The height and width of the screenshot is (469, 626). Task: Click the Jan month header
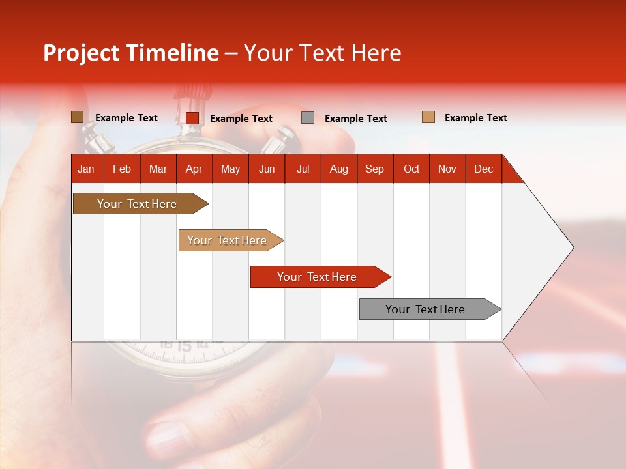[x=86, y=169]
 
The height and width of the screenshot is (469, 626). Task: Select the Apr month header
[x=194, y=169]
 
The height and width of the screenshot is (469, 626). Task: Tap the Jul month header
[x=303, y=169]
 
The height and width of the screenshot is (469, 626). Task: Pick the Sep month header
[x=374, y=169]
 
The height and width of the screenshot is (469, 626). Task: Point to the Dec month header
[x=483, y=169]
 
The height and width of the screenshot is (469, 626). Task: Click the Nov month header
[x=447, y=169]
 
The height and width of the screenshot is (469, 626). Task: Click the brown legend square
[x=77, y=117]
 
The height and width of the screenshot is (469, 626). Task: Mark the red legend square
[x=192, y=118]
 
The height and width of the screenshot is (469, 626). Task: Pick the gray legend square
[x=308, y=118]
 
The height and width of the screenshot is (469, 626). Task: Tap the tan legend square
[x=428, y=117]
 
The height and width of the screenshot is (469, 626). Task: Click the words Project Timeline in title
[x=131, y=53]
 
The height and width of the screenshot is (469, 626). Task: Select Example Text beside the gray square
[x=355, y=119]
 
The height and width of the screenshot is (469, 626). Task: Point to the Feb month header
[x=122, y=169]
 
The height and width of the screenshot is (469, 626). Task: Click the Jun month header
[x=267, y=169]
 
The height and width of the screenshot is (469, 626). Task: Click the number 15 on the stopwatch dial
[x=185, y=347]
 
